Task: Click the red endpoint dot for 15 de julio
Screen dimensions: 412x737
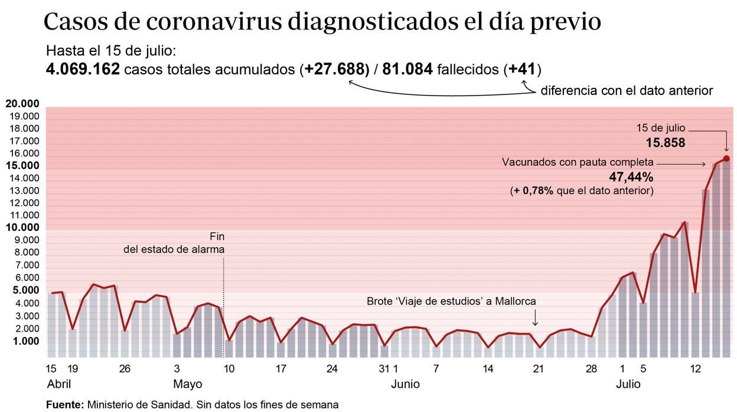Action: click(726, 158)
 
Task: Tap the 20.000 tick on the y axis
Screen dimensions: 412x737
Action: click(22, 104)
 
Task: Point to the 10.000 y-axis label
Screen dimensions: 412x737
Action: click(22, 228)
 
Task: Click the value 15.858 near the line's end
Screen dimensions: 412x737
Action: click(665, 142)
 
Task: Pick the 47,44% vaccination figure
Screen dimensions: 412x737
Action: click(631, 177)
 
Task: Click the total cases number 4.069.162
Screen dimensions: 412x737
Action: click(83, 70)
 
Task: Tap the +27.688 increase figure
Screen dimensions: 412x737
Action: click(334, 70)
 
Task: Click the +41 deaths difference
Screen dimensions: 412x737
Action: click(522, 70)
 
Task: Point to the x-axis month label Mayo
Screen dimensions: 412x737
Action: click(187, 384)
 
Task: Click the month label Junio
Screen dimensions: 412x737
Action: click(405, 384)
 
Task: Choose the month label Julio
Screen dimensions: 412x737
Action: click(628, 384)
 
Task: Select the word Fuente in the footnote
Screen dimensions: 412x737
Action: click(64, 405)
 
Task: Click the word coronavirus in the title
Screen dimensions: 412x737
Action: click(214, 22)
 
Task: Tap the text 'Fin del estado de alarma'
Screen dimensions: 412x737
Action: click(174, 243)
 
